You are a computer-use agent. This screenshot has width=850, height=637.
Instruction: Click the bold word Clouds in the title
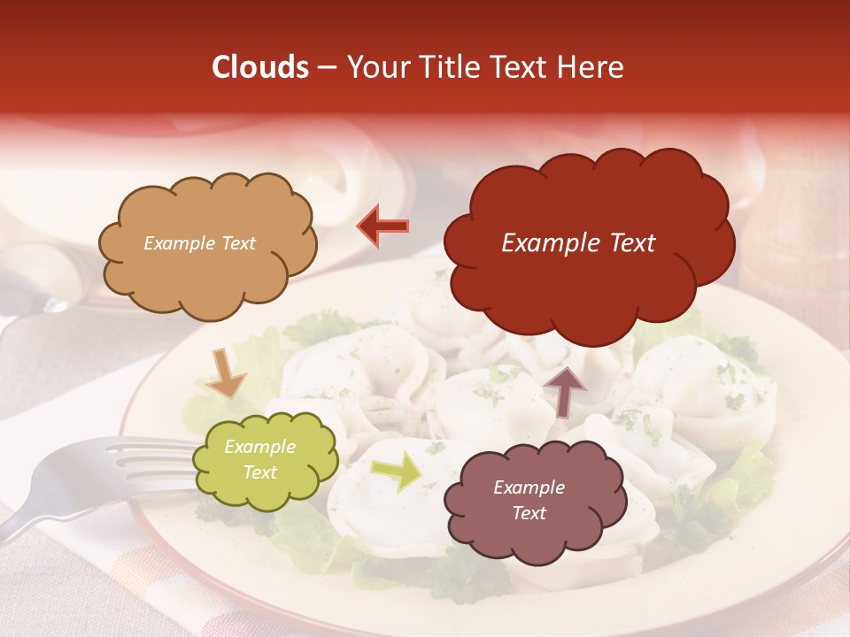[260, 67]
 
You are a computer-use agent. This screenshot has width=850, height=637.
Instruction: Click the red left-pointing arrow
[382, 226]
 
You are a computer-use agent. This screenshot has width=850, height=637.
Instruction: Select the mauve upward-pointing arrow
[565, 390]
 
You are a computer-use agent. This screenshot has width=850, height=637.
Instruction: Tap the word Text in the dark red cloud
[628, 243]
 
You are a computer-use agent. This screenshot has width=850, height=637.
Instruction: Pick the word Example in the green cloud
[259, 447]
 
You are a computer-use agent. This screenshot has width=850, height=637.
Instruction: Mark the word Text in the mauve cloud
[529, 513]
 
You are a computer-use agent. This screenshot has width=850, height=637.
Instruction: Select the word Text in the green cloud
[259, 472]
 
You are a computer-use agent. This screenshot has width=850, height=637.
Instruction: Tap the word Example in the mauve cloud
[529, 487]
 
